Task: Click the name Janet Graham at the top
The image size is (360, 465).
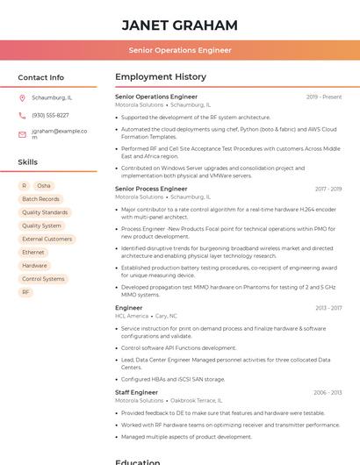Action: click(x=180, y=25)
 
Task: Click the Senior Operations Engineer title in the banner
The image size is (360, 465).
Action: click(x=180, y=50)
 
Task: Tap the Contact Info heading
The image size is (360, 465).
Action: click(x=40, y=77)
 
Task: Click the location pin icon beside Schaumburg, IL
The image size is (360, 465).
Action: click(x=22, y=98)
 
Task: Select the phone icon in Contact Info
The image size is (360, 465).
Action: click(x=22, y=115)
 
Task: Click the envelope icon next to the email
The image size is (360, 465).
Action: click(x=22, y=134)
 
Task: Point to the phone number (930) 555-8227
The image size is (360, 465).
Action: click(x=50, y=115)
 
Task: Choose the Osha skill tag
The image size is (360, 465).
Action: click(x=44, y=186)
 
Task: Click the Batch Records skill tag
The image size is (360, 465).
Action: click(x=40, y=199)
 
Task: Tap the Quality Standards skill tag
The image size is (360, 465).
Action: click(x=45, y=212)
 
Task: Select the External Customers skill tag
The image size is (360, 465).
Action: click(x=47, y=239)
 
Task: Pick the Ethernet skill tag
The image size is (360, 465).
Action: click(x=33, y=253)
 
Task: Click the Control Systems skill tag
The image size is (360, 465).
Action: click(x=43, y=279)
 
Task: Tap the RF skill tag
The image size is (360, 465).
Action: click(x=25, y=292)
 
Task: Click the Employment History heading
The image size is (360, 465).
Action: click(x=161, y=77)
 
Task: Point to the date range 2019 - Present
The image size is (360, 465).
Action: click(x=324, y=97)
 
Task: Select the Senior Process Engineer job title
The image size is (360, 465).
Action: click(x=151, y=189)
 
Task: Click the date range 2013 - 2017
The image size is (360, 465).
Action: click(x=328, y=308)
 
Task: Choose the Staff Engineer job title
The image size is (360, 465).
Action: click(x=136, y=392)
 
